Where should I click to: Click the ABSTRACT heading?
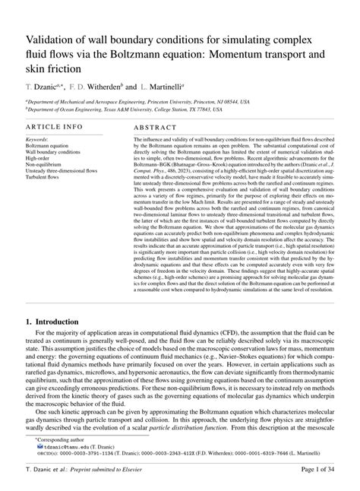(156, 130)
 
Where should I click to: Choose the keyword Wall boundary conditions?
(53, 154)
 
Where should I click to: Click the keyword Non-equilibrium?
(46, 166)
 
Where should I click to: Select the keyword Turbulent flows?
(46, 179)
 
